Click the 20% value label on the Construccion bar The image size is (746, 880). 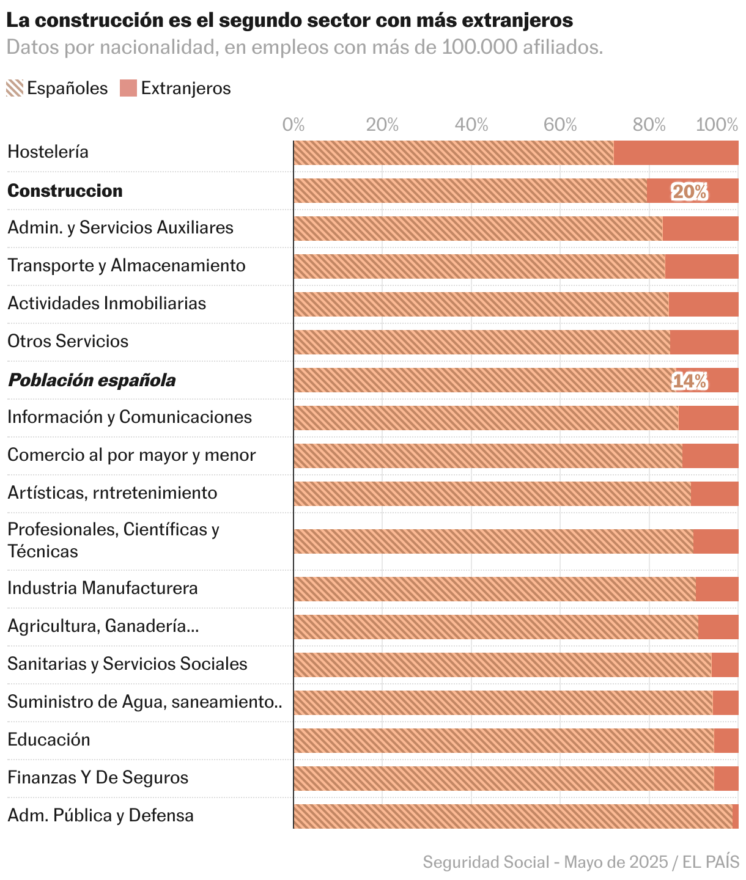689,191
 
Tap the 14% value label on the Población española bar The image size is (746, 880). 689,381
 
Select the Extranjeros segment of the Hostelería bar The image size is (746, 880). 676,153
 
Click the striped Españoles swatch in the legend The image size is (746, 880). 15,88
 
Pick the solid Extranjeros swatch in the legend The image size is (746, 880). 128,88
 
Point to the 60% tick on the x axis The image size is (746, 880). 560,125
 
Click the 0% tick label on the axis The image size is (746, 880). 294,125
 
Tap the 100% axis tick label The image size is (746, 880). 717,125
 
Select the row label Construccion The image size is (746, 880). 65,191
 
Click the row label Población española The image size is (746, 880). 91,380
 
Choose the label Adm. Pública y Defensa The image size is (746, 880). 100,815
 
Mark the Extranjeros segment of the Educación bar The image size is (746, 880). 726,741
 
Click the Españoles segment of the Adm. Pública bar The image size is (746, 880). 512,816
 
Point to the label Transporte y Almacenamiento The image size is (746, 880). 126,265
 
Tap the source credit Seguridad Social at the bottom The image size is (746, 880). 486,862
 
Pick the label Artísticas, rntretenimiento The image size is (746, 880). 112,493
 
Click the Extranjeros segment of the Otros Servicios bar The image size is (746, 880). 704,342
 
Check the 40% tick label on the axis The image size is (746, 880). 471,125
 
